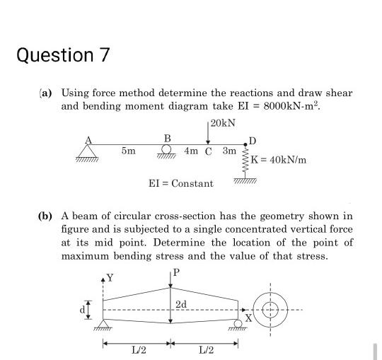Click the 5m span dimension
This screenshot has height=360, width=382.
[x=129, y=151]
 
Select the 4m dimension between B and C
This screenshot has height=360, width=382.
[x=191, y=151]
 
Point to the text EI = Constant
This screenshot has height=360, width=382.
[x=180, y=183]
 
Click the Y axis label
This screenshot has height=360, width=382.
[x=109, y=276]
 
